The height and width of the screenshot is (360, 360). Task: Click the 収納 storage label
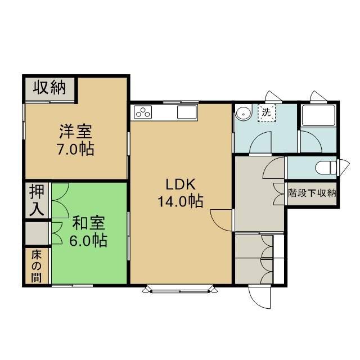pyautogui.click(x=49, y=87)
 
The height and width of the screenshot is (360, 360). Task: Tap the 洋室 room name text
pyautogui.click(x=75, y=131)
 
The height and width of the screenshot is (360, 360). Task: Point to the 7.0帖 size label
pyautogui.click(x=75, y=149)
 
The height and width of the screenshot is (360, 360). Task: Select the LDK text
pyautogui.click(x=181, y=184)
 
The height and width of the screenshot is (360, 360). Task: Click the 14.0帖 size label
pyautogui.click(x=181, y=201)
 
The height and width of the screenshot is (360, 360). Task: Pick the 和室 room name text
pyautogui.click(x=89, y=223)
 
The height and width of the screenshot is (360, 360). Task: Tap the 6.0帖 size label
pyautogui.click(x=88, y=240)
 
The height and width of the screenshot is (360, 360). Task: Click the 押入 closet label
pyautogui.click(x=37, y=200)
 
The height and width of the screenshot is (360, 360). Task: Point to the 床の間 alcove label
pyautogui.click(x=37, y=267)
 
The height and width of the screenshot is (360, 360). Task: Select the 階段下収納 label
pyautogui.click(x=312, y=193)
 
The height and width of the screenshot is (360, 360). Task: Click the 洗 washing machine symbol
pyautogui.click(x=266, y=112)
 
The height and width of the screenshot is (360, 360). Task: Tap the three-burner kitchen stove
pyautogui.click(x=143, y=112)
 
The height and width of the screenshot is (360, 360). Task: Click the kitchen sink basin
pyautogui.click(x=187, y=112)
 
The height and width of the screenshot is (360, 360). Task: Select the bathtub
pyautogui.click(x=318, y=115)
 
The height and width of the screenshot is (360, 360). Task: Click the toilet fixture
pyautogui.click(x=326, y=168)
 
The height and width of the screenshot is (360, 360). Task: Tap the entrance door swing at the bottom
pyautogui.click(x=259, y=298)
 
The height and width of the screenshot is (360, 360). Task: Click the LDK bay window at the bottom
pyautogui.click(x=180, y=290)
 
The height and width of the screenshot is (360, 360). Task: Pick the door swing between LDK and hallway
pyautogui.click(x=221, y=220)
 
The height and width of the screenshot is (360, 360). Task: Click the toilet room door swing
pyautogui.click(x=274, y=168)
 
